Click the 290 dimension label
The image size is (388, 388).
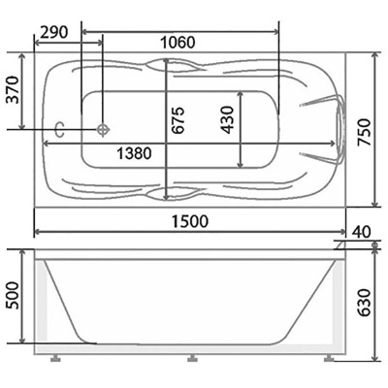[54, 32]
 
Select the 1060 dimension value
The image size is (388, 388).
[178, 43]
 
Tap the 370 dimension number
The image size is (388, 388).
[14, 89]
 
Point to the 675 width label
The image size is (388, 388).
[178, 119]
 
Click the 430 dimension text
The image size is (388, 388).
[227, 119]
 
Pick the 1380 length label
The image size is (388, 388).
[134, 153]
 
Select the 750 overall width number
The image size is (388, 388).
[364, 133]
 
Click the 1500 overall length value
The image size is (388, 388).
[190, 221]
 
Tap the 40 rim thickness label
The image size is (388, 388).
[362, 232]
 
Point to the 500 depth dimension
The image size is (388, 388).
[14, 296]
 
